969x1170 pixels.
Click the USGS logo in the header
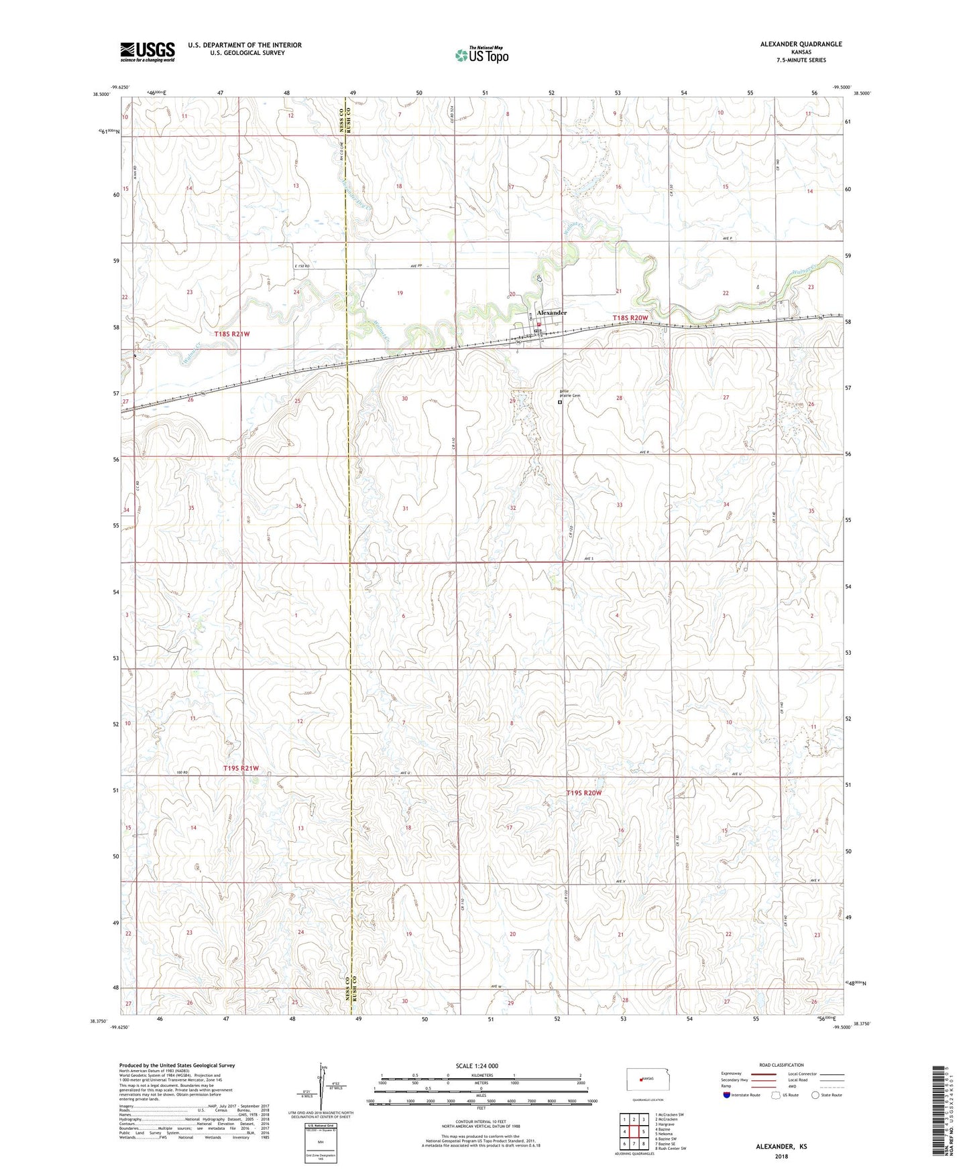(x=148, y=52)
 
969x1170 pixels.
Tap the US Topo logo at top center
(x=481, y=54)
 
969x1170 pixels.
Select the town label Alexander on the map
(x=552, y=313)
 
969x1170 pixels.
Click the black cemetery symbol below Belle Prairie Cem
(x=560, y=403)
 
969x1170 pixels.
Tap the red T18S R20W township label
(x=630, y=318)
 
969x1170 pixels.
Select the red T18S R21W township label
(x=237, y=333)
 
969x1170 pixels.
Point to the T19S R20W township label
(x=584, y=793)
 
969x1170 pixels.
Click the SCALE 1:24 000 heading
(x=477, y=1066)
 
